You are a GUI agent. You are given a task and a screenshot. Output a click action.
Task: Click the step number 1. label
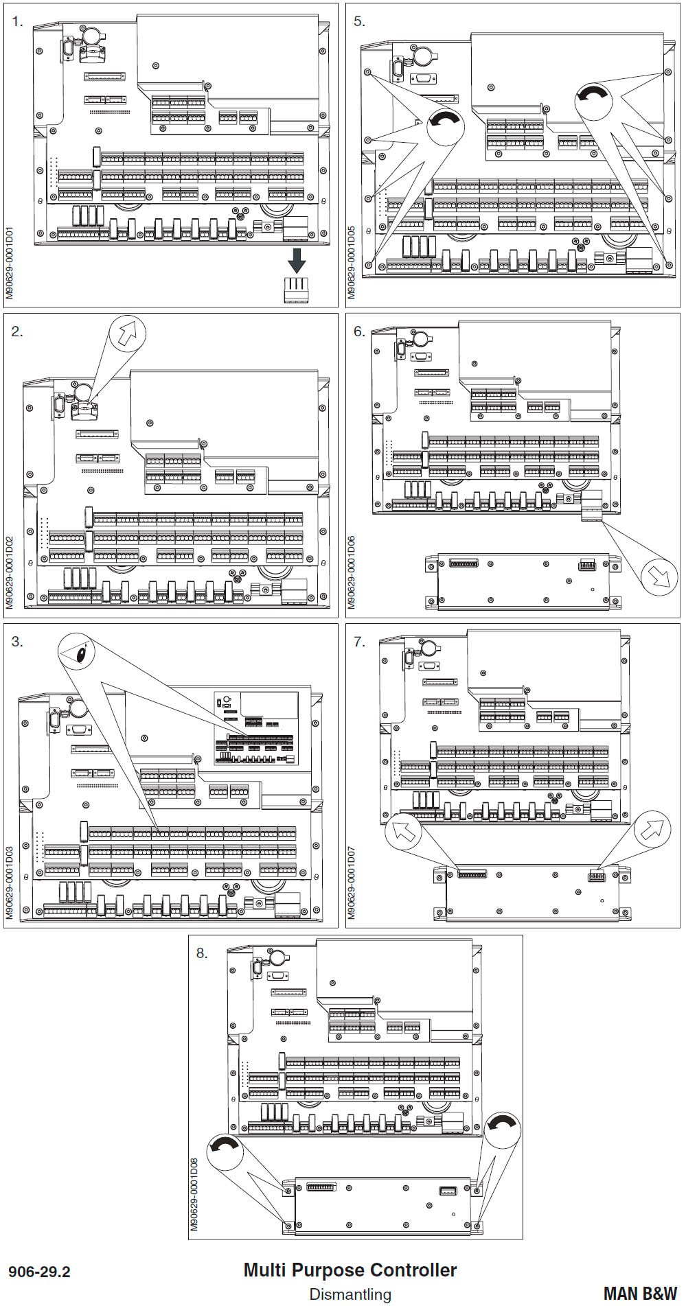click(18, 22)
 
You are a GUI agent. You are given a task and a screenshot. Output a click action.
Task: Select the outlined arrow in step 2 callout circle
click(127, 334)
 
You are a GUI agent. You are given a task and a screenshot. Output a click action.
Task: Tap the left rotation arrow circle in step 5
click(446, 125)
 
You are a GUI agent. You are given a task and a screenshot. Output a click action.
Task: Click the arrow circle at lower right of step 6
click(659, 576)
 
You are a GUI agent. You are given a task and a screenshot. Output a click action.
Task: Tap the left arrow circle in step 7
click(404, 830)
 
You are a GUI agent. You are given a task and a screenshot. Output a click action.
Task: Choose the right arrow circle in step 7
click(652, 829)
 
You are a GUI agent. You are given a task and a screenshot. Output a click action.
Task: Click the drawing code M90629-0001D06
click(352, 572)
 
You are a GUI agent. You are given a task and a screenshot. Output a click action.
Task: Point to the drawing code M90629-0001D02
click(10, 572)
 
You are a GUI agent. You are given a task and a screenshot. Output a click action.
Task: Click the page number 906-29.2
click(40, 1272)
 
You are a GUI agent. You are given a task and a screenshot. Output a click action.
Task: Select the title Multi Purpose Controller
click(350, 1270)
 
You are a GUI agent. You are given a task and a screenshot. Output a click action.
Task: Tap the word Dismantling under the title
click(350, 1294)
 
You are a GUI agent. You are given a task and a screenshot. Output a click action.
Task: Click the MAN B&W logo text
click(640, 1294)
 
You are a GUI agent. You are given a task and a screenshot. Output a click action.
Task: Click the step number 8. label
click(201, 953)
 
